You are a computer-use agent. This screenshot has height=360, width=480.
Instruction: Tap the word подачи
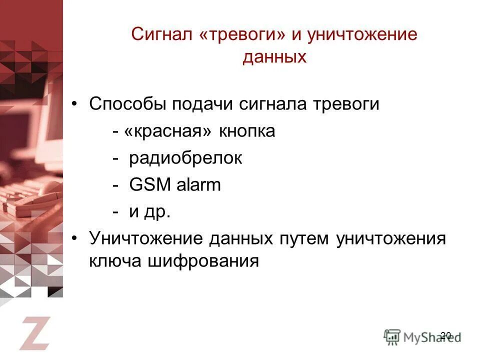203,104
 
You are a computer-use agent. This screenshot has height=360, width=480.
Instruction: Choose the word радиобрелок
185,158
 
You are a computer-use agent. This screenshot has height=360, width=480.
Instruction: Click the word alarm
198,185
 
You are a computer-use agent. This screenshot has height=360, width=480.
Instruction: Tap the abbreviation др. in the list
157,212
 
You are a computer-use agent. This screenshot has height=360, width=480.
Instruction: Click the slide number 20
446,335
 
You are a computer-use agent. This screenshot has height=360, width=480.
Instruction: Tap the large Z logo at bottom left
35,332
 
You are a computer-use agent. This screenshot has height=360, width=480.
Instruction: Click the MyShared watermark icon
392,335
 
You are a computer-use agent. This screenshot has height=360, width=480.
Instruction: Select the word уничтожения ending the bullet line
390,238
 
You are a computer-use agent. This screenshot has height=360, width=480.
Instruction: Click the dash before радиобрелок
115,159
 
